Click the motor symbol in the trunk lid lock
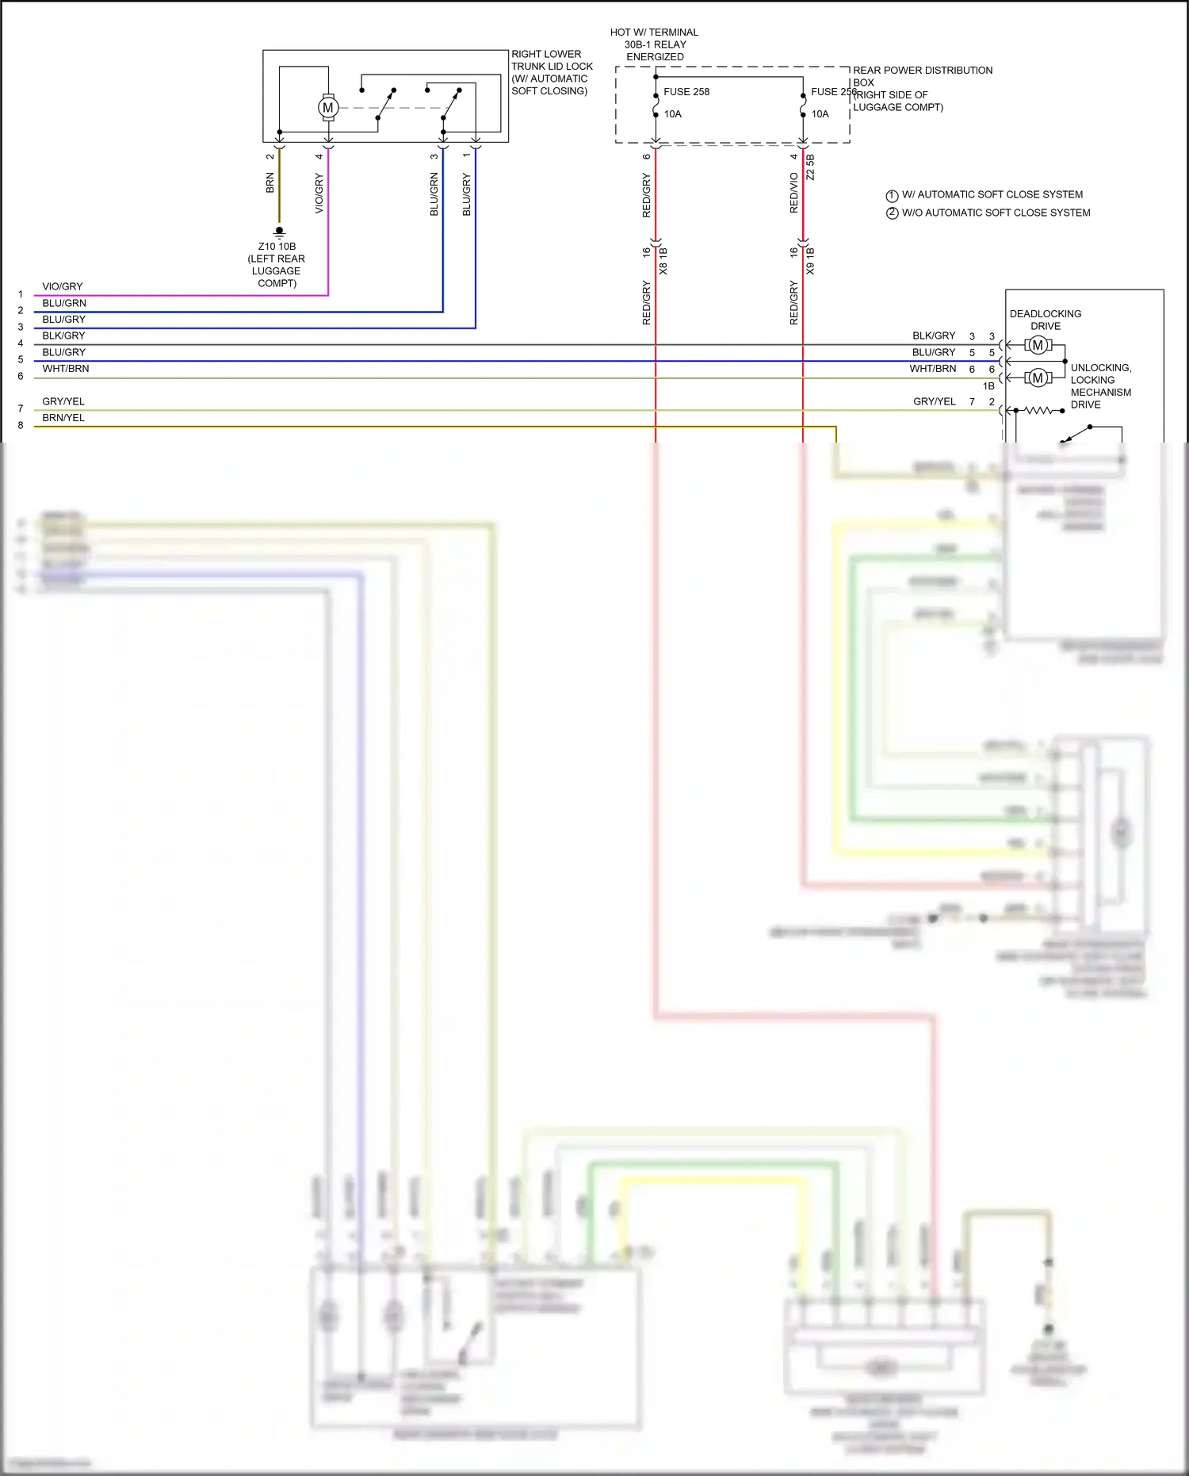pos(327,108)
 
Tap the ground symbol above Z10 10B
pos(279,232)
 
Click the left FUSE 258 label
pos(686,92)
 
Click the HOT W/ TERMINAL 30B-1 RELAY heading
pos(654,44)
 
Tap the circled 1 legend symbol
pos(892,195)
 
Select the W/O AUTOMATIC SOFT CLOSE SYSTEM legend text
pos(996,213)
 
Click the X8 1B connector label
pos(663,261)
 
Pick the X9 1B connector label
pos(810,261)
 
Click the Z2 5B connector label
pos(810,167)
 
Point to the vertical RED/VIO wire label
pos(793,193)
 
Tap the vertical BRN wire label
pos(270,183)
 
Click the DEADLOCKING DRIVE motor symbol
pos(1038,345)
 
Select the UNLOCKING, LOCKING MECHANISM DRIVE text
pos(1100,386)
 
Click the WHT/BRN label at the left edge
pos(65,369)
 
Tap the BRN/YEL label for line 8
pos(63,418)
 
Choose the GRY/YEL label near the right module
pos(934,402)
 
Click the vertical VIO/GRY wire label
pos(319,193)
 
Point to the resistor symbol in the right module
pos(1043,411)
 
